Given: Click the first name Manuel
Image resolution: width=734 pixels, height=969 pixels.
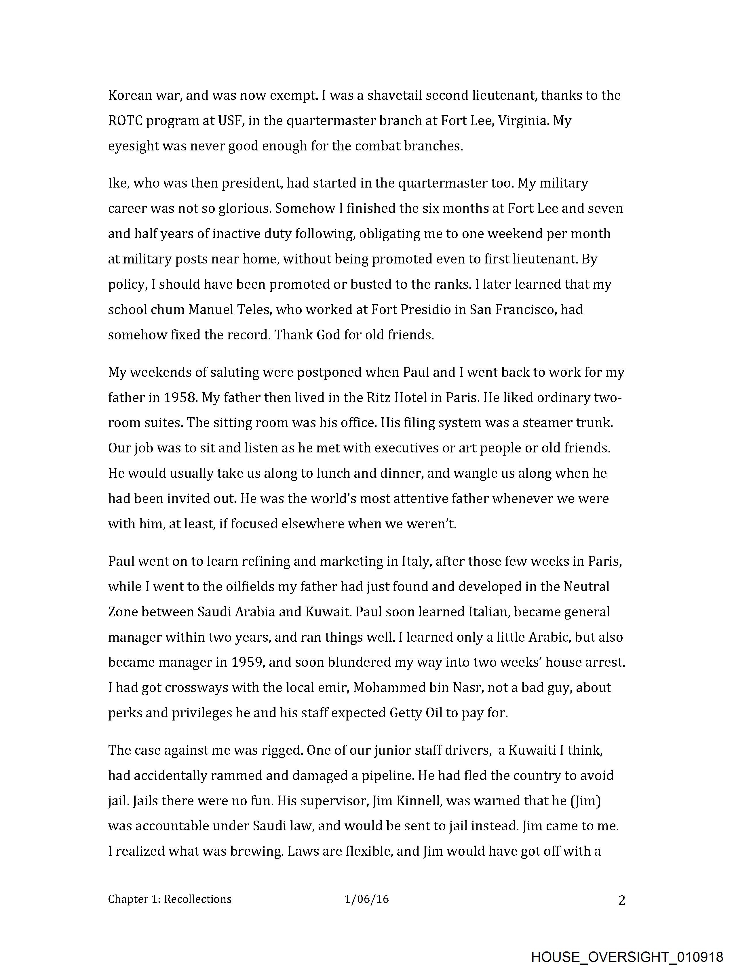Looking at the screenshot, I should coord(210,310).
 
